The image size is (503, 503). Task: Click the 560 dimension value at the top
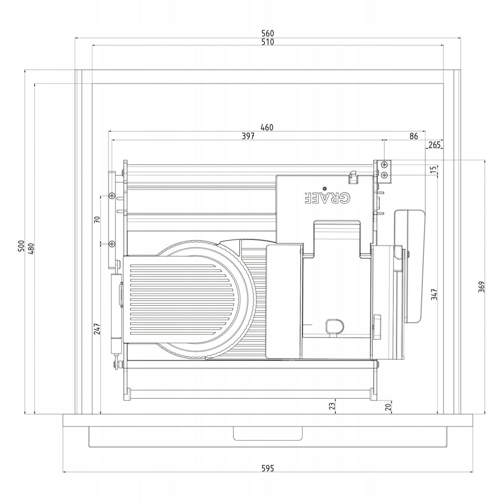[x=268, y=33]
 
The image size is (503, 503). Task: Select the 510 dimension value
[x=268, y=42]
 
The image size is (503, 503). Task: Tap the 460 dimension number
[x=267, y=127]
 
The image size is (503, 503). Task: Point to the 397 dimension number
[x=248, y=136]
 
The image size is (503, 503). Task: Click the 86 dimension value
[x=414, y=137]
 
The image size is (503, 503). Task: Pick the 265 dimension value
[x=435, y=145]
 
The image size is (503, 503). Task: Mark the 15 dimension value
[x=433, y=169]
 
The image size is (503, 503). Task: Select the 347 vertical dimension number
[x=434, y=294]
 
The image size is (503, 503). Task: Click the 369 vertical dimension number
[x=481, y=287]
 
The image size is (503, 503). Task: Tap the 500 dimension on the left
[x=21, y=246]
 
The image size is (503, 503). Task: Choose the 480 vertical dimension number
[x=31, y=249]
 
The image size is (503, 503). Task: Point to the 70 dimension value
[x=97, y=220]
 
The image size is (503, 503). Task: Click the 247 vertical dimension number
[x=97, y=329]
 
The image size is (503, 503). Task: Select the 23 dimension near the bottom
[x=333, y=406]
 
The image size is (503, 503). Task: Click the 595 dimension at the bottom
[x=268, y=468]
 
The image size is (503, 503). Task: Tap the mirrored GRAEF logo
[x=327, y=198]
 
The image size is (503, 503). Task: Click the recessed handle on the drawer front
[x=268, y=433]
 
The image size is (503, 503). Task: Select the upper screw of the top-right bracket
[x=385, y=165]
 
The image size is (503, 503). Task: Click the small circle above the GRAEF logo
[x=324, y=188]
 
